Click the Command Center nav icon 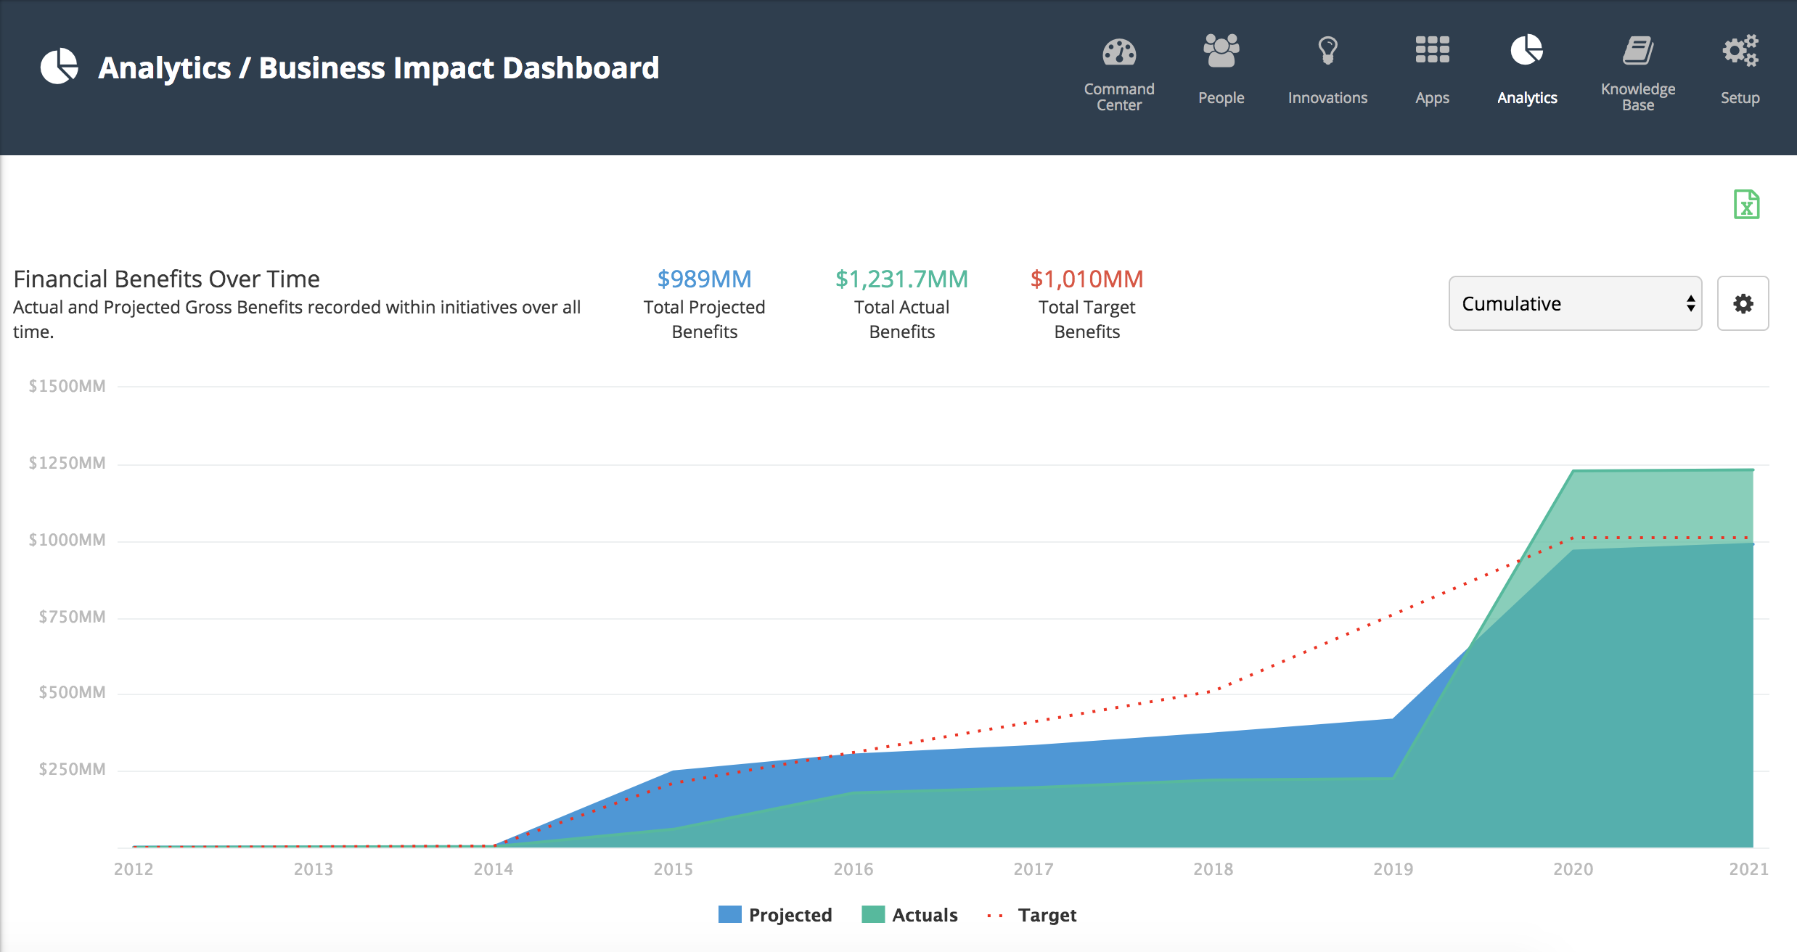[1119, 52]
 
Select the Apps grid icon [1432, 50]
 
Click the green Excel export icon [1746, 205]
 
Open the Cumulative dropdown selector [1575, 303]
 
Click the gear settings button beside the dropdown [1743, 303]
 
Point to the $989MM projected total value [704, 279]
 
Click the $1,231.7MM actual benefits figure [901, 279]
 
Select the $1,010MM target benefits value [1086, 279]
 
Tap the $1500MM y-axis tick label [67, 386]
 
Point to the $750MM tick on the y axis [72, 617]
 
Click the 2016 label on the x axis [853, 869]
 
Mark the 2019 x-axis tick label [1393, 869]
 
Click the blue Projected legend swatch [729, 914]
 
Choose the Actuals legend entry [909, 915]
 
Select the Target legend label [1047, 915]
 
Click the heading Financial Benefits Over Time [166, 279]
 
